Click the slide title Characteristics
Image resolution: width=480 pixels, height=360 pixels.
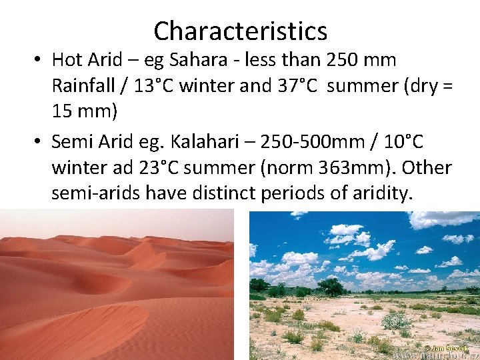[240, 31]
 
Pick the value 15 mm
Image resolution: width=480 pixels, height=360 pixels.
[84, 113]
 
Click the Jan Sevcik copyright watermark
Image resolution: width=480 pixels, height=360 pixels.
[446, 347]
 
